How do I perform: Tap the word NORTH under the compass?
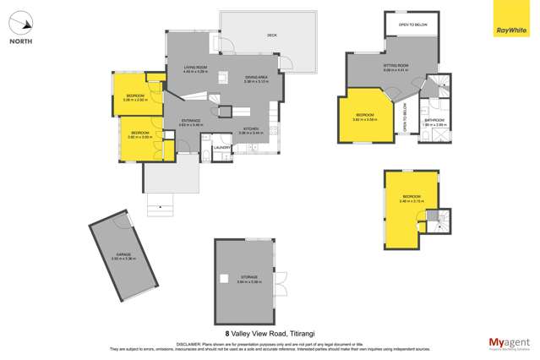(21, 41)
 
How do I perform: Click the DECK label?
(272, 35)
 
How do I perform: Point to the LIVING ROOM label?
(195, 68)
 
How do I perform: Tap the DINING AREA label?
(257, 78)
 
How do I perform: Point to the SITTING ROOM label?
(396, 66)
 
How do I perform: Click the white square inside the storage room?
(224, 278)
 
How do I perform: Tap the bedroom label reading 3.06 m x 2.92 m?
(135, 96)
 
